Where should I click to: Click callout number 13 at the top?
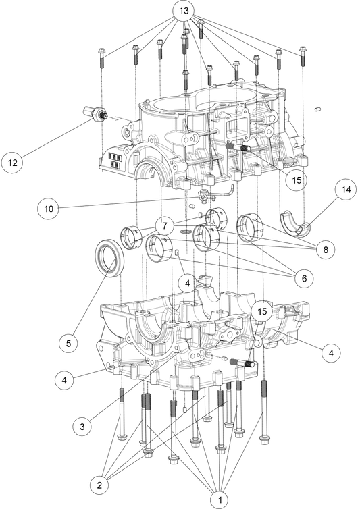(182, 11)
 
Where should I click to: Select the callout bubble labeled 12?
(12, 163)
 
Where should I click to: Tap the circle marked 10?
(47, 209)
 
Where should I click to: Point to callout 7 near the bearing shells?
(164, 224)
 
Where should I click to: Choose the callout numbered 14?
(346, 190)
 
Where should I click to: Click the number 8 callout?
(325, 250)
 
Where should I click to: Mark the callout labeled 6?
(304, 277)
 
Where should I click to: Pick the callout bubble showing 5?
(66, 343)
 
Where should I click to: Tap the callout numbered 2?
(99, 484)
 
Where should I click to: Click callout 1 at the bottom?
(218, 500)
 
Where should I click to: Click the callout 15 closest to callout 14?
(296, 180)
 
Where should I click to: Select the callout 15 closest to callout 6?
(262, 311)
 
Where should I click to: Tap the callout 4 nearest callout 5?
(64, 380)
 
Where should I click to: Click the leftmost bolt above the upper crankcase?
(101, 57)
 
